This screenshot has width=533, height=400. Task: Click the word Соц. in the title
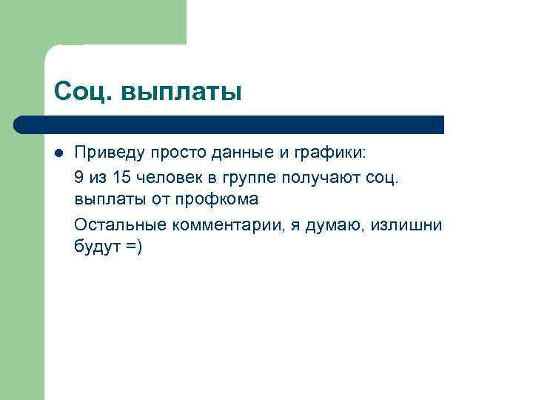pyautogui.click(x=83, y=93)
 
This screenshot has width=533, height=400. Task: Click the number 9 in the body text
pyautogui.click(x=79, y=177)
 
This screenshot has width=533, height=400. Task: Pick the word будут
pyautogui.click(x=96, y=247)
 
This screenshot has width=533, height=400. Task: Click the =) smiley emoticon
pyautogui.click(x=133, y=247)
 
